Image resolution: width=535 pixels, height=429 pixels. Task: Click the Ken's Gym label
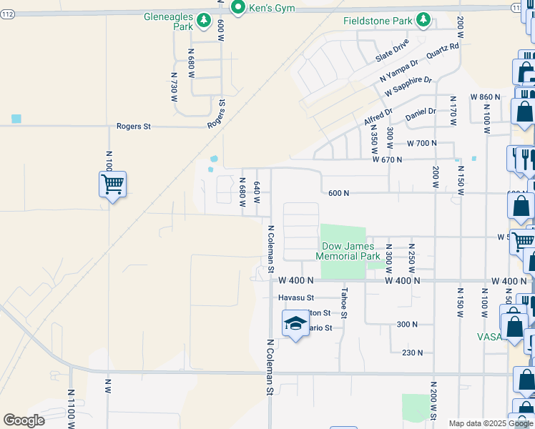tap(273, 9)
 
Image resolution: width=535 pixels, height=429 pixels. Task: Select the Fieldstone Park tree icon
tap(423, 20)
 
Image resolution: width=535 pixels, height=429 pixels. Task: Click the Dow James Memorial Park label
tap(348, 251)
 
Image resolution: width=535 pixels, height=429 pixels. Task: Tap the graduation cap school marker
tap(295, 324)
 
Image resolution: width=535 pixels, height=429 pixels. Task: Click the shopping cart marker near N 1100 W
tap(112, 184)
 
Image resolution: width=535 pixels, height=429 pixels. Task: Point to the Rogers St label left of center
tap(134, 127)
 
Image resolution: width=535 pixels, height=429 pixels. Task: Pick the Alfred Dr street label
tap(378, 116)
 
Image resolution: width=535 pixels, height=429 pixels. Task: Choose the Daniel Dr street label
tap(421, 112)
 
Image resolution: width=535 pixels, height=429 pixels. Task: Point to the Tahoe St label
tap(344, 302)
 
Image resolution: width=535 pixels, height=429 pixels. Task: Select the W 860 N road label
tap(486, 97)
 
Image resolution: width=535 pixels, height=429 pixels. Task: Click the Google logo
tap(24, 420)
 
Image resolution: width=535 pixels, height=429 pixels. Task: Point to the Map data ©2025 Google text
tap(489, 423)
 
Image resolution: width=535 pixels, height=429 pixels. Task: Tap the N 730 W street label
tap(174, 89)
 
